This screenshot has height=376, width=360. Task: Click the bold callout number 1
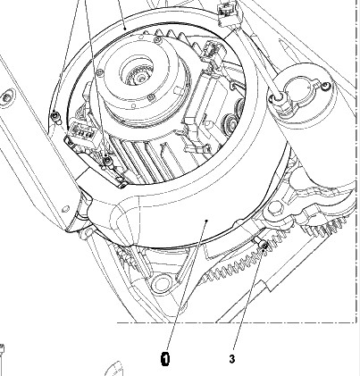coord(165,359)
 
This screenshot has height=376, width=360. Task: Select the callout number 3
coord(232,359)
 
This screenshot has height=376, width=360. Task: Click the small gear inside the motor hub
coord(138,77)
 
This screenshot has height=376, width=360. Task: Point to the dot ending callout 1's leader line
coord(206,221)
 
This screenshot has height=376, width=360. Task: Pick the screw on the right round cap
coord(326,86)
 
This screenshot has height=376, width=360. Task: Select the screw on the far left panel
coord(6,96)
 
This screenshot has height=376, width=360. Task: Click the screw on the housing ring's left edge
coord(54,114)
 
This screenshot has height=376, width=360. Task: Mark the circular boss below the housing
coord(161,284)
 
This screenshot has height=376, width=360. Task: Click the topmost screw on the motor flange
coord(157,39)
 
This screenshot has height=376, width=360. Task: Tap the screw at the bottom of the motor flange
coord(152,96)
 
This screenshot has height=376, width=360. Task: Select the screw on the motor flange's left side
coord(100,72)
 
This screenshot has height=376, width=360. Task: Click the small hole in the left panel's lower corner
coord(64,210)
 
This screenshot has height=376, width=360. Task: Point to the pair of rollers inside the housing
coord(234,113)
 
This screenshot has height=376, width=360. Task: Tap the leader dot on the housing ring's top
coord(125,29)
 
